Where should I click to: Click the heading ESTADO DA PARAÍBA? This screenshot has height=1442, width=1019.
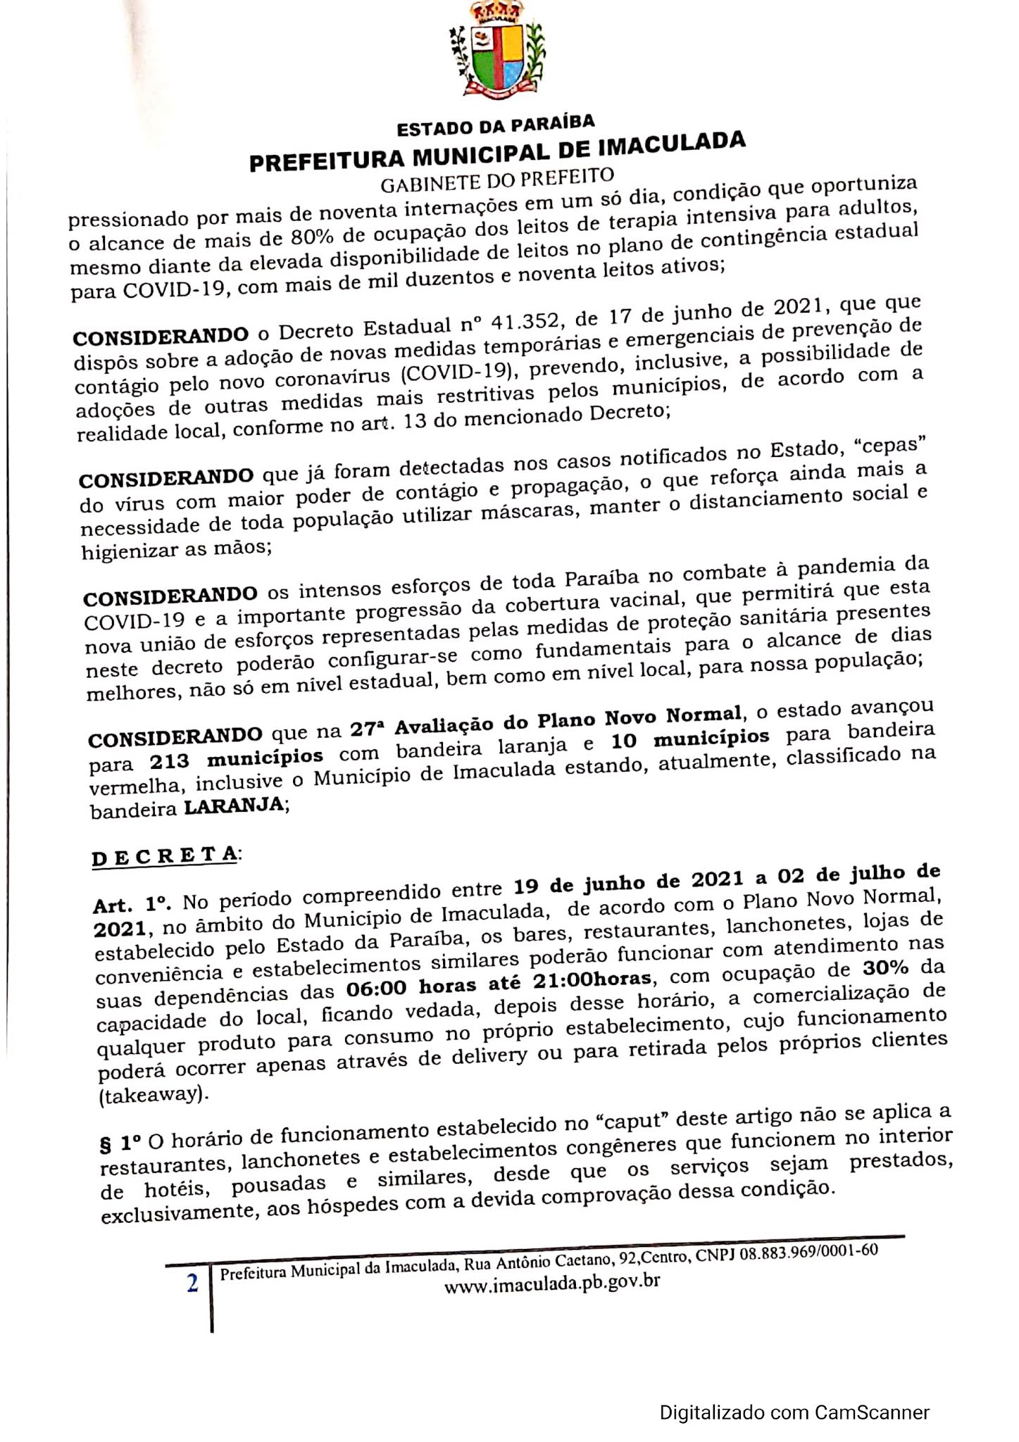click(x=496, y=125)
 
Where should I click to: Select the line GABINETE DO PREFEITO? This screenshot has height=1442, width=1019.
click(x=497, y=179)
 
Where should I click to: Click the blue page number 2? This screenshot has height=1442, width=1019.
click(x=192, y=1284)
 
